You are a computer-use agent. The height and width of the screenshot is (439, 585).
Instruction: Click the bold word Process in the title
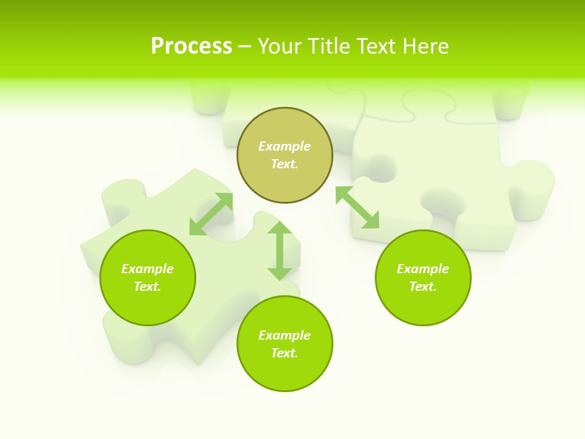(191, 46)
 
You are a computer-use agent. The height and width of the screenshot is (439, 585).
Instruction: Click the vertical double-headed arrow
(280, 251)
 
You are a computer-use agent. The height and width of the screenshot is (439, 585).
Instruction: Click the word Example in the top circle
(285, 146)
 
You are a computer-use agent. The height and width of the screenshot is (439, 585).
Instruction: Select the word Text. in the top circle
(285, 164)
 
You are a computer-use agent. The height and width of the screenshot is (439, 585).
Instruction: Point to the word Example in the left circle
(147, 269)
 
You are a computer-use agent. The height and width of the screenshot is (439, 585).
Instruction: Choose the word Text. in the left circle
(147, 287)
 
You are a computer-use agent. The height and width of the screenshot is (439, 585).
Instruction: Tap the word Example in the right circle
(423, 269)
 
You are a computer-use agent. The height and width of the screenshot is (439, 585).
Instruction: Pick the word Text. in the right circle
(423, 287)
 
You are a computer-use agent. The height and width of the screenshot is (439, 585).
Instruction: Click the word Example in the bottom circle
(285, 335)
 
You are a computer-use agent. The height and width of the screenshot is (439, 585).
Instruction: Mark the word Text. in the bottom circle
(285, 353)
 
